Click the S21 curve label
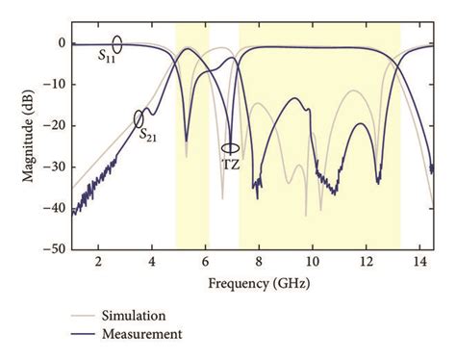(149, 135)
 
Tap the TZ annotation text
(231, 164)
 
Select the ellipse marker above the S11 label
(117, 43)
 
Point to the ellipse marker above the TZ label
(230, 148)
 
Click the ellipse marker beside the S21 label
(139, 118)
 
